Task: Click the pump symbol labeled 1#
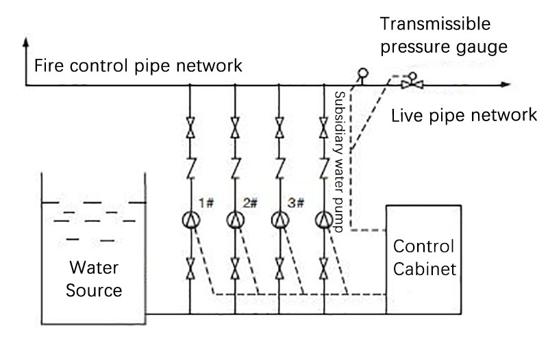tap(191, 220)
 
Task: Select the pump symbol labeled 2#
tap(235, 220)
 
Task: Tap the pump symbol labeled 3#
tap(280, 220)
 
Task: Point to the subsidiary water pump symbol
tap(324, 220)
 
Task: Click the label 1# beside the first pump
tap(206, 203)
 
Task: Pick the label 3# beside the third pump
tap(296, 203)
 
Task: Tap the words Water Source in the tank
tap(94, 279)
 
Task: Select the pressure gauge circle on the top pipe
tap(363, 73)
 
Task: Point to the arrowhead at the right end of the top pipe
tap(506, 84)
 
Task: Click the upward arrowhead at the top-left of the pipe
tap(25, 42)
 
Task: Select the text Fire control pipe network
tap(138, 66)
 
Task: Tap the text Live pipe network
tap(464, 115)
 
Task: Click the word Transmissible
tap(435, 24)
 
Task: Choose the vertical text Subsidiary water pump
tap(339, 162)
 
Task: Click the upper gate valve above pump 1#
tap(190, 127)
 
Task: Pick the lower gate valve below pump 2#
tap(235, 268)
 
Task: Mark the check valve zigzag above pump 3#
tap(279, 168)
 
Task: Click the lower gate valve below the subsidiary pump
tap(324, 268)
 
